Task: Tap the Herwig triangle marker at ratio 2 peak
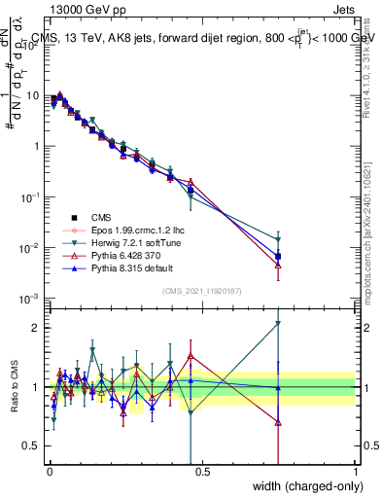pos(278,323)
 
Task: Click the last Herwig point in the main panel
pos(278,239)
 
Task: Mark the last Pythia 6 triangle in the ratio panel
pos(278,422)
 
